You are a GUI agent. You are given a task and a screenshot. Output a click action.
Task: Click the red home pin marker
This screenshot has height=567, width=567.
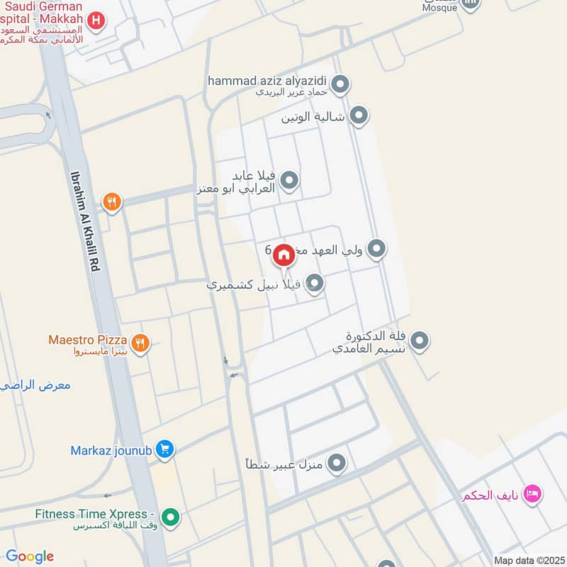283,254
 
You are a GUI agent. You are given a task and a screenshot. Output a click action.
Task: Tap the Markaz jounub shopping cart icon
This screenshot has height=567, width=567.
164,450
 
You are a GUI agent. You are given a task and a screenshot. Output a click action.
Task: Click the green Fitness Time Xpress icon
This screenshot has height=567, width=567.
169,518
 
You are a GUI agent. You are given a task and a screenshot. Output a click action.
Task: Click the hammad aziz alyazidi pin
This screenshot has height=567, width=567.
340,86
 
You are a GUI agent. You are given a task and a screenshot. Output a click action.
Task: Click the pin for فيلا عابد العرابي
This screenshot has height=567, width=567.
288,181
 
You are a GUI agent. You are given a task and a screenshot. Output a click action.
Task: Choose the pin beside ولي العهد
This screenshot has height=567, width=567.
377,249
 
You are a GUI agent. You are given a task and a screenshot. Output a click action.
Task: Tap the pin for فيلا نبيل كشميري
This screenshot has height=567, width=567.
315,284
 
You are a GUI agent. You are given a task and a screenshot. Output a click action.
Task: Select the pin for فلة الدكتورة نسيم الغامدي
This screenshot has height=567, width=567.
420,342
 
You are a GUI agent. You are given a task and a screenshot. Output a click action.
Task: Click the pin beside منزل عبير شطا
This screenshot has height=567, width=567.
336,464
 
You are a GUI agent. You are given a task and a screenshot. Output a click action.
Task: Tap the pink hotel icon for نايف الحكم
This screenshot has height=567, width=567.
532,494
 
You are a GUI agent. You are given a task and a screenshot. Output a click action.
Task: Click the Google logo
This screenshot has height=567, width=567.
30,556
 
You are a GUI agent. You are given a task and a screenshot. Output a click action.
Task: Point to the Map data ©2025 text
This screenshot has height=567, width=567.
528,560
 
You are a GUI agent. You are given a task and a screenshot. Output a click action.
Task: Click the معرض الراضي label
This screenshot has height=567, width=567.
35,386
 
